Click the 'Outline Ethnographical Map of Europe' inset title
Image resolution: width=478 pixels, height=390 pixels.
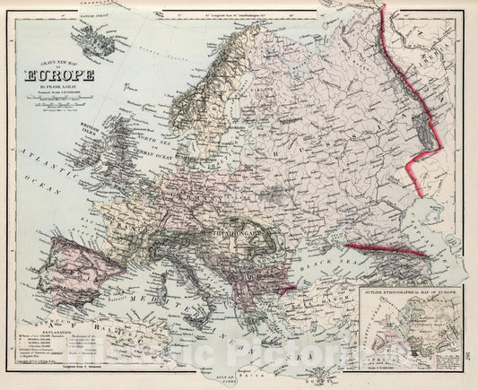(412, 293)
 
